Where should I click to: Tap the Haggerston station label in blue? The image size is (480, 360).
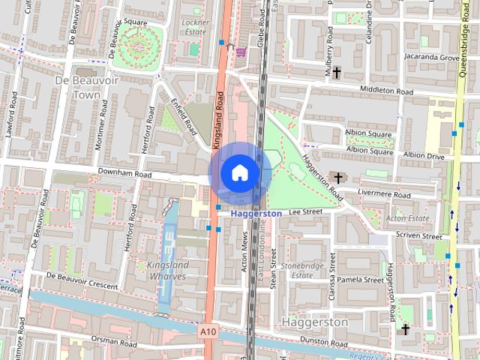coord(256,214)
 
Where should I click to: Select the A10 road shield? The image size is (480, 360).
coord(208,330)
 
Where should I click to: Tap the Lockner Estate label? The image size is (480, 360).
coord(196,28)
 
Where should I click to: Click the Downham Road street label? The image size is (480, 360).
coord(120,174)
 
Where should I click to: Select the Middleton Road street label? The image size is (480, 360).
coord(386,91)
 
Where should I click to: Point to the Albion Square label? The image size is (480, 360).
coord(369,134)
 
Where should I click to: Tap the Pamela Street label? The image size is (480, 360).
coord(361,280)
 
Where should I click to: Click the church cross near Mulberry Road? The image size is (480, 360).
coord(337,72)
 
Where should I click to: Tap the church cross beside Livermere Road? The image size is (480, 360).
coord(339,178)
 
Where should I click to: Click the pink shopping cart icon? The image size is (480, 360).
coord(241,52)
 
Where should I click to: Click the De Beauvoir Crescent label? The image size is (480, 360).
coord(82,280)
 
